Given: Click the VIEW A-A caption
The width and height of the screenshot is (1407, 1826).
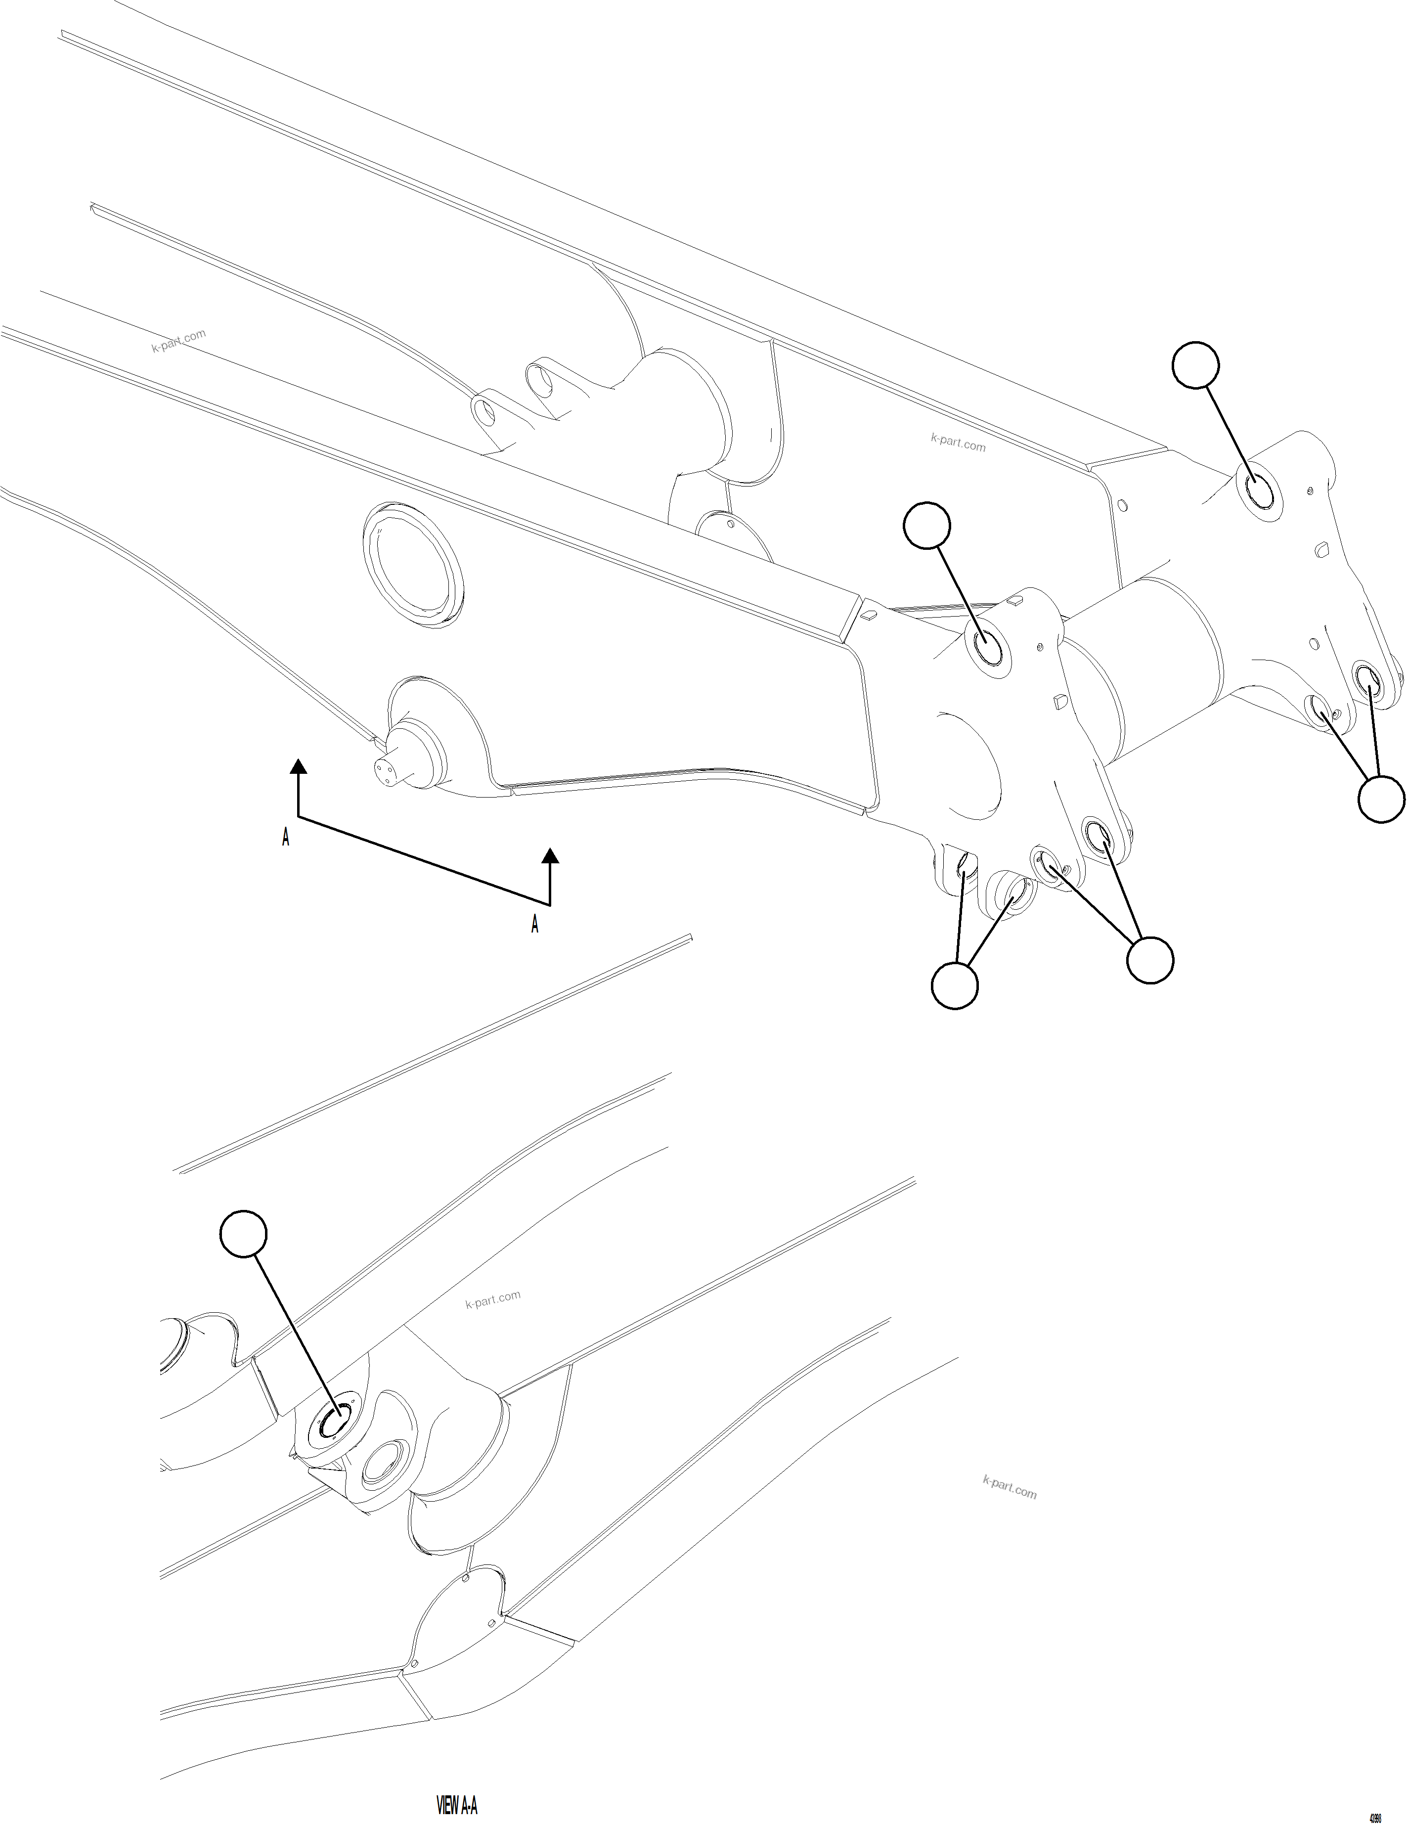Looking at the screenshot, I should tap(457, 1806).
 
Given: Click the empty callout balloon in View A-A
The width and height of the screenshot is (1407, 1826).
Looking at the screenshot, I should tap(243, 1234).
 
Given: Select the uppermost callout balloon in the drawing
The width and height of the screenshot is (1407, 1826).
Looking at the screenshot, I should tap(1195, 364).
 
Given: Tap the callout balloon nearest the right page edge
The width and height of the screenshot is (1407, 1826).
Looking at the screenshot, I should tap(1380, 800).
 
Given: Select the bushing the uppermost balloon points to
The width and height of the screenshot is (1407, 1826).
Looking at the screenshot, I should tap(1260, 491).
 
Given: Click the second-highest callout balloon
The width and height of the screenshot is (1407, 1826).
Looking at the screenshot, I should tap(927, 526).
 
